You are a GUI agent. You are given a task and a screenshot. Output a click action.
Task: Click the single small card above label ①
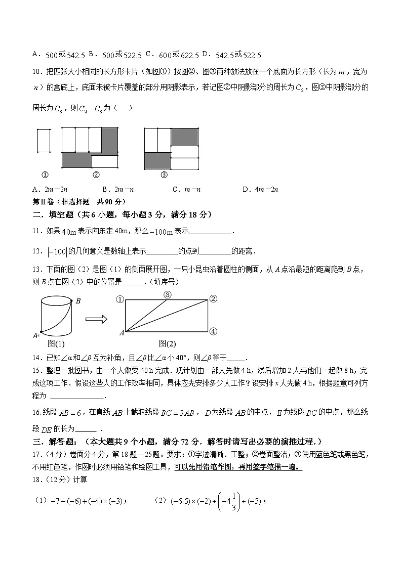(x=44, y=140)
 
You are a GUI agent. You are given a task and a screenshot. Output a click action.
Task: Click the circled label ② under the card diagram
(x=96, y=175)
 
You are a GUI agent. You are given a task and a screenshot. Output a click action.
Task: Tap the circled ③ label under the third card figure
(x=164, y=175)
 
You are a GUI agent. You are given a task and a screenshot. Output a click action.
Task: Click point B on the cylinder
(x=78, y=301)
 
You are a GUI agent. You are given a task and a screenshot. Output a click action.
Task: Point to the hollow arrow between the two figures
(x=96, y=319)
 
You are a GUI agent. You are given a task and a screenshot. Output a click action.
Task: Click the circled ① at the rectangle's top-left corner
(x=120, y=299)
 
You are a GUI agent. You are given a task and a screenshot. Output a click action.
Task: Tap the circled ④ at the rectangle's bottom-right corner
(x=213, y=332)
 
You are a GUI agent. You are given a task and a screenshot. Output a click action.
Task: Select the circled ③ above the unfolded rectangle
(x=168, y=295)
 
